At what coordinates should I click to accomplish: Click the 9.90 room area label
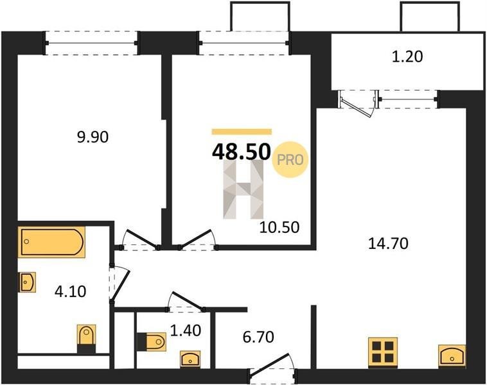pos(93,137)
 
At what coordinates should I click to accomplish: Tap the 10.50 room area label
pos(279,227)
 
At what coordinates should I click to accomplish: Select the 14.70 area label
pos(388,243)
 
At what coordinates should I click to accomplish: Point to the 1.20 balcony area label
pos(407,56)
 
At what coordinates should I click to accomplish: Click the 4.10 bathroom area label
pos(70,291)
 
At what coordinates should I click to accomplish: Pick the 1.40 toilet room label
pos(186,330)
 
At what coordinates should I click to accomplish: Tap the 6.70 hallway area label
pos(258,338)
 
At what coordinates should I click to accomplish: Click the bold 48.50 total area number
pos(241,152)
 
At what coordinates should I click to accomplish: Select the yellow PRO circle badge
pos(290,160)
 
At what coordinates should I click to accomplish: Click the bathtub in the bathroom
pos(51,242)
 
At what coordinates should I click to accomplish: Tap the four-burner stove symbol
pos(383,352)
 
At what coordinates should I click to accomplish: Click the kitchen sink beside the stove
pos(452,356)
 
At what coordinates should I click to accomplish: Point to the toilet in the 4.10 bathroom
pos(86,339)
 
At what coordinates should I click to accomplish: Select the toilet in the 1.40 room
pos(151,342)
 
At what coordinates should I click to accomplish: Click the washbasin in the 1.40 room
pos(190,359)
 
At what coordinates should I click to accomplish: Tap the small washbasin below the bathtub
pos(28,282)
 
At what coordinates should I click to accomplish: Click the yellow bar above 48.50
pos(242,132)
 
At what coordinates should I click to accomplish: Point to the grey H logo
pos(243,189)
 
